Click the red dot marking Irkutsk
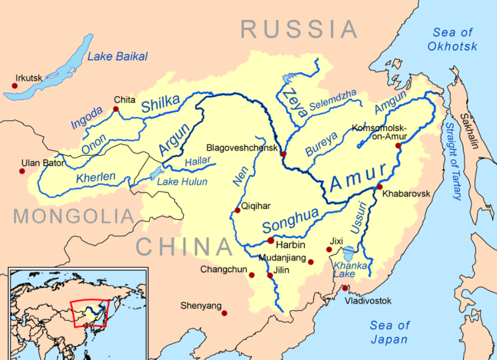coord(15,86)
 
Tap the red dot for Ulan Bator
coord(22,171)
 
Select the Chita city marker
coord(116,109)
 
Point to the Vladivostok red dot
coord(345,288)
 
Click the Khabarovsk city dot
coord(380,187)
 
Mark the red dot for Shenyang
coord(224,313)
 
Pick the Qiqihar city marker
coord(237,210)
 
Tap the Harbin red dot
coord(271,241)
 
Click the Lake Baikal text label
coord(117,57)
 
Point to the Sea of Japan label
coord(390,332)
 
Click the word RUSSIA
coord(299,30)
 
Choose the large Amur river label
coord(359,178)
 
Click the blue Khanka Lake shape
coord(348,254)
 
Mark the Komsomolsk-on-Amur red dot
coord(398,145)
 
